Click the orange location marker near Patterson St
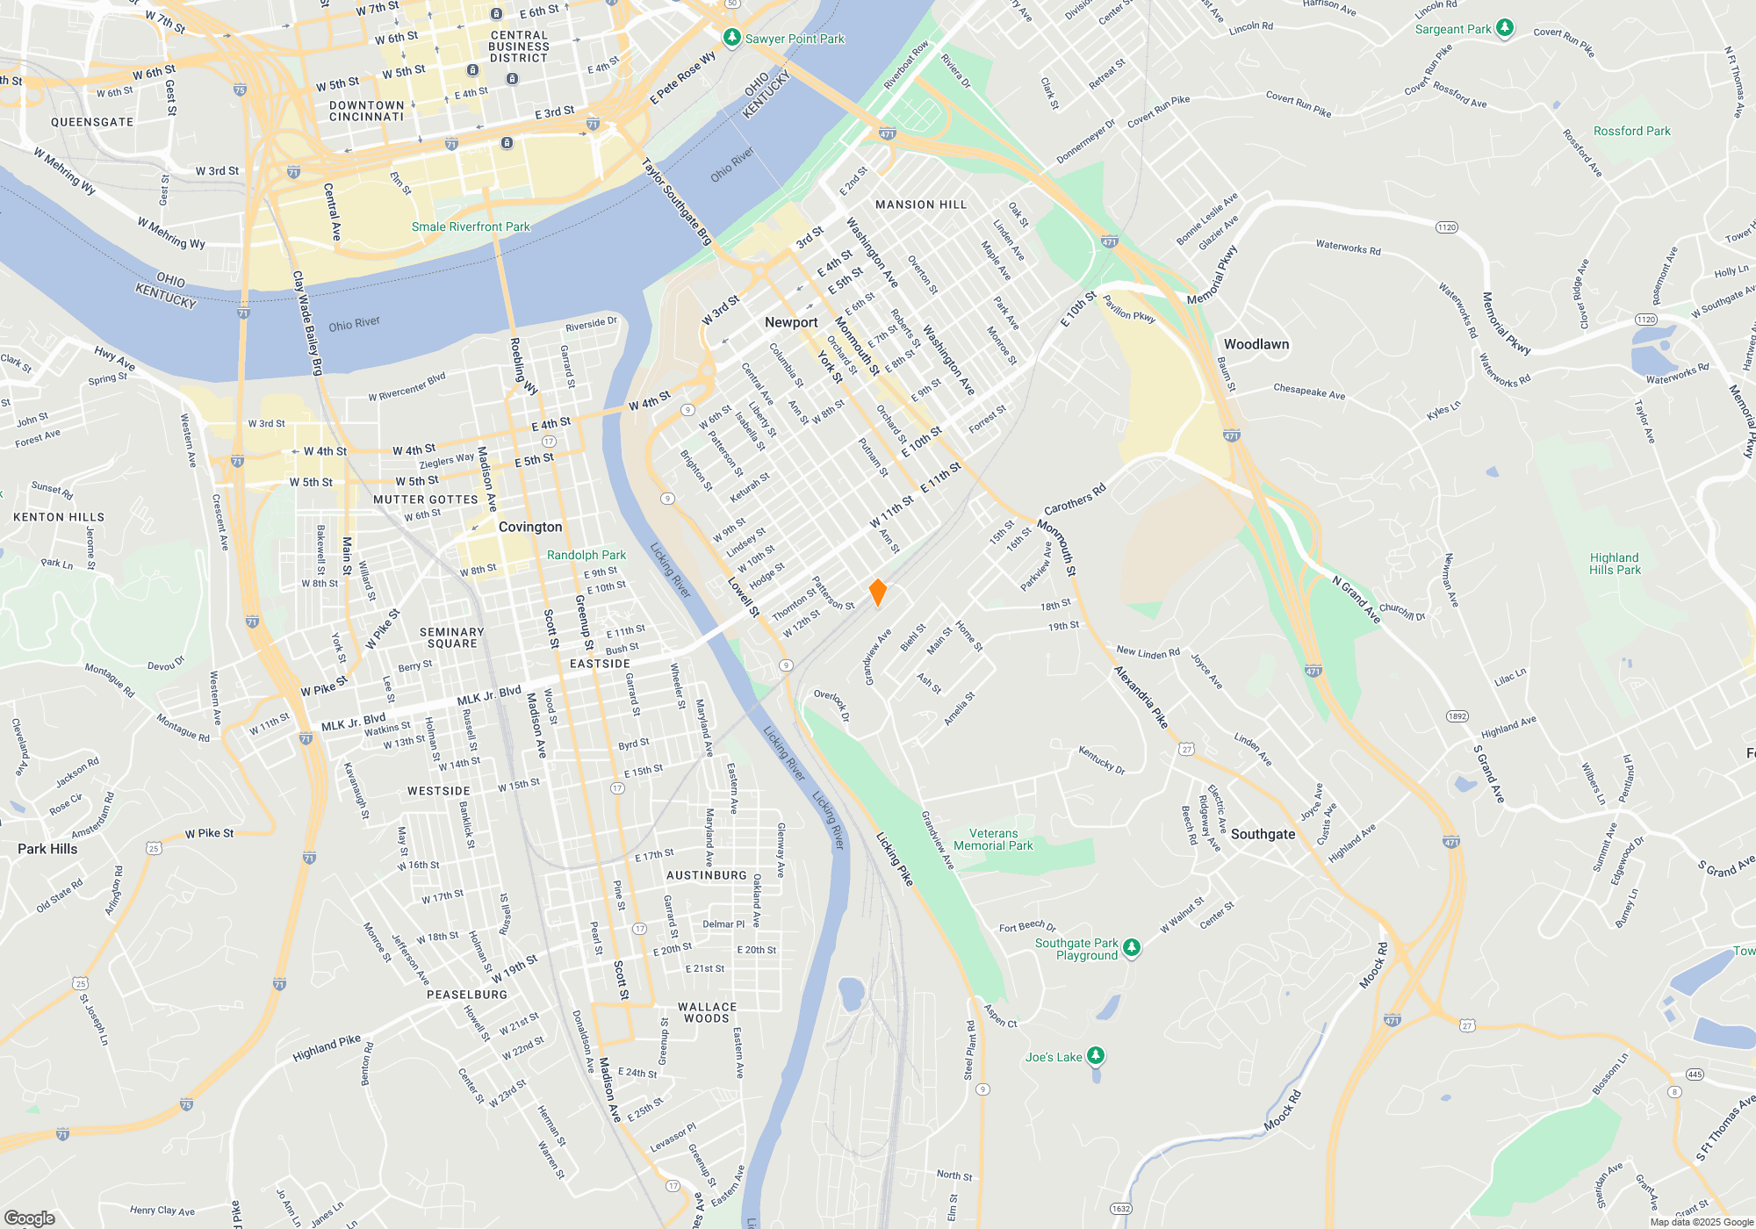877,593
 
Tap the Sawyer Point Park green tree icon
731,38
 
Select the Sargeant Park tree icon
1504,29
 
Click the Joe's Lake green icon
1095,1055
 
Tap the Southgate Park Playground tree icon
1132,947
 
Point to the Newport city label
791,322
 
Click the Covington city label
530,527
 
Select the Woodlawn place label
1256,344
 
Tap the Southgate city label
1263,834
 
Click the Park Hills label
47,849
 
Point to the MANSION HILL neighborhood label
921,205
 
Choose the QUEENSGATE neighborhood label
92,122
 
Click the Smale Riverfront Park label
471,226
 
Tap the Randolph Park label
587,555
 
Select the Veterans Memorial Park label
993,839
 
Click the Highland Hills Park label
1615,564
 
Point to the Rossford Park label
1631,131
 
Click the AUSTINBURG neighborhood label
706,875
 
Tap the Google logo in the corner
29,1218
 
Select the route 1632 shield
1121,1209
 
